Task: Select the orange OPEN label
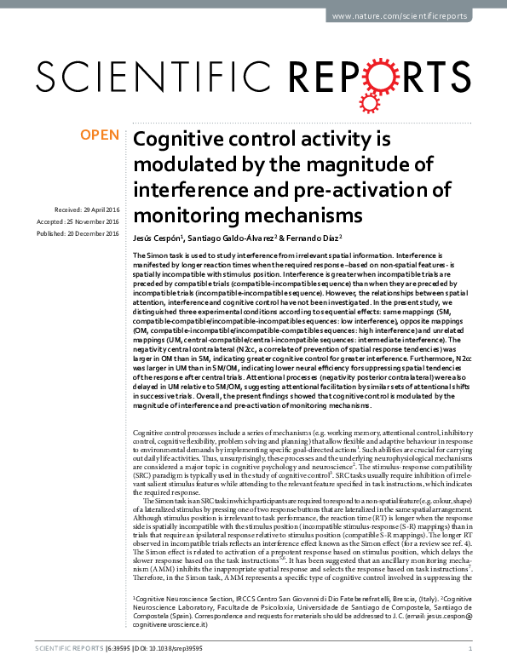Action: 99,134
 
